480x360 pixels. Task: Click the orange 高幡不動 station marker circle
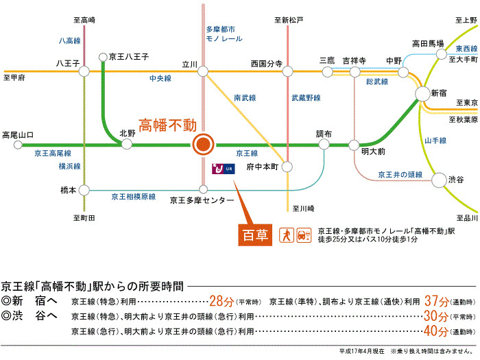203,145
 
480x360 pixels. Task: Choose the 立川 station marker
203,71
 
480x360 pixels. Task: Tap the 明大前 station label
374,150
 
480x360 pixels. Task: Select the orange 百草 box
254,235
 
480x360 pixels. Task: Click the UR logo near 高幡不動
223,167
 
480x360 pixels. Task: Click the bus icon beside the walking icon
302,235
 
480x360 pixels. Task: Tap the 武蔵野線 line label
306,98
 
